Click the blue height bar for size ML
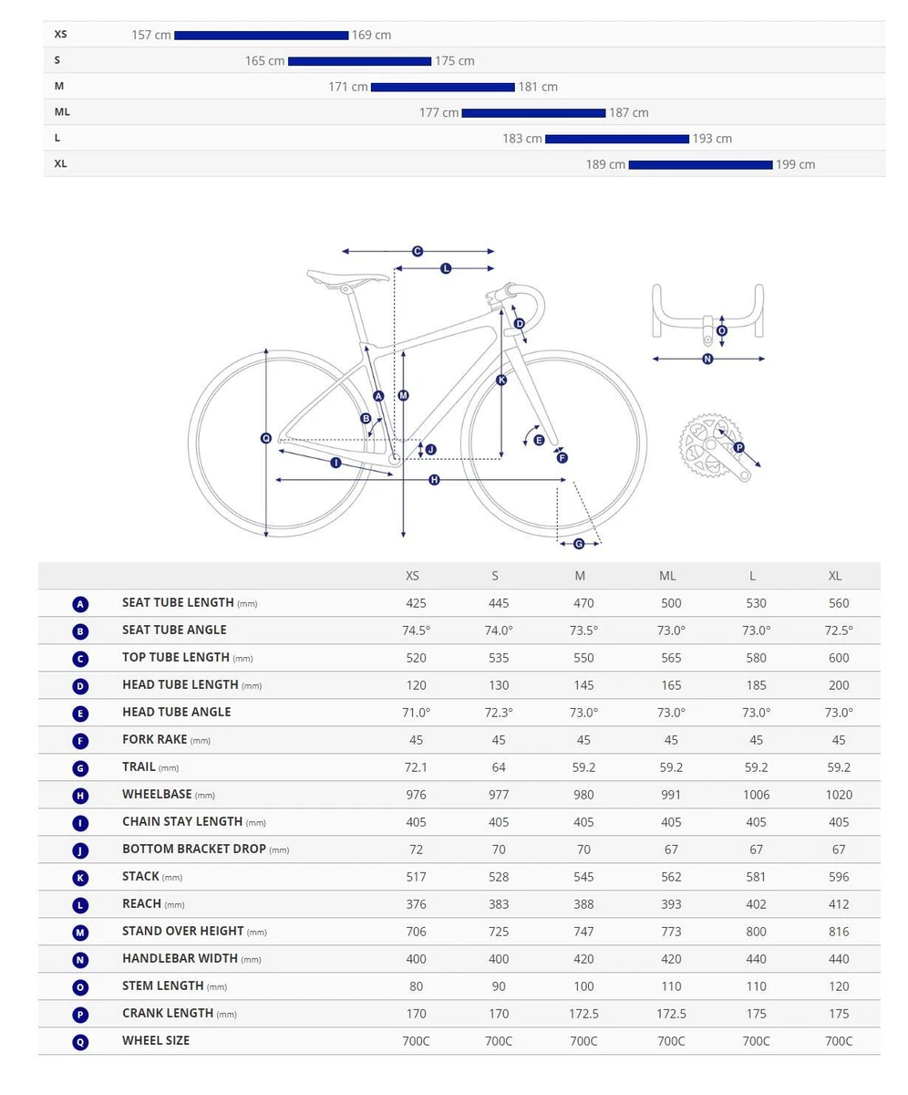[533, 113]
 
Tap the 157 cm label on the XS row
[151, 35]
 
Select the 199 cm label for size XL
[795, 164]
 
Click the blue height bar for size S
[359, 61]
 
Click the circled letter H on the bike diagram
[434, 480]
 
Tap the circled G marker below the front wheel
[579, 544]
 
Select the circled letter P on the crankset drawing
[739, 447]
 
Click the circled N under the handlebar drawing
[707, 360]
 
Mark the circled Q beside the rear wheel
[266, 439]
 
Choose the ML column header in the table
[667, 576]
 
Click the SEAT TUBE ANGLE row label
[174, 630]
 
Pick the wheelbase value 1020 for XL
[839, 795]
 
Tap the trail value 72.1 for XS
[416, 767]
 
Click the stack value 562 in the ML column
[671, 877]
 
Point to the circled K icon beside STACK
[80, 877]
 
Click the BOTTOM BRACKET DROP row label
[194, 849]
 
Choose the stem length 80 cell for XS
[416, 986]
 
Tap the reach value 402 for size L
[756, 904]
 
